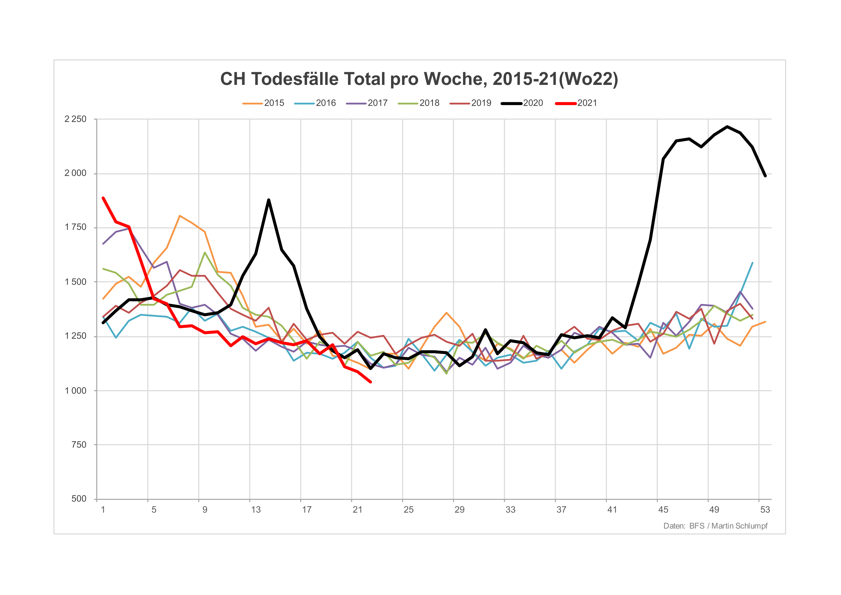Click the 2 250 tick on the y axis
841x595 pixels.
(x=76, y=119)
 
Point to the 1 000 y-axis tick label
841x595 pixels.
(x=76, y=391)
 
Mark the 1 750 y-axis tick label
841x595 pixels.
(x=76, y=228)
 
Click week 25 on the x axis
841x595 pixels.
(x=409, y=510)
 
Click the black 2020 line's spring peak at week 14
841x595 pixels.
(x=269, y=200)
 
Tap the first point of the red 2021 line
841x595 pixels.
(x=103, y=198)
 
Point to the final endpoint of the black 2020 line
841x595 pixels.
(x=765, y=176)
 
